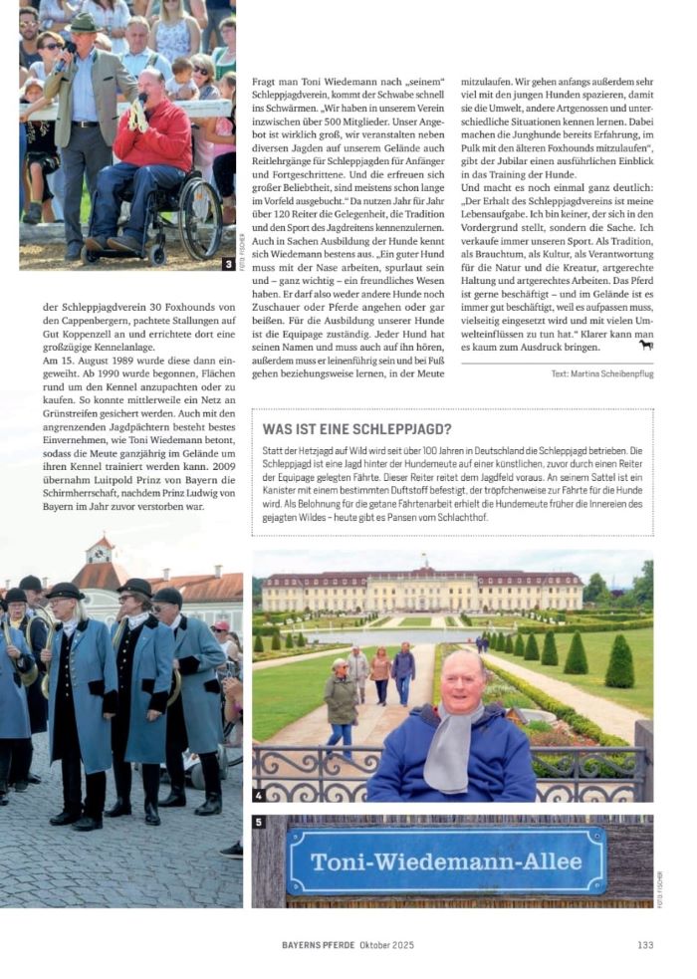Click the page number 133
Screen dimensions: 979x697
(644, 944)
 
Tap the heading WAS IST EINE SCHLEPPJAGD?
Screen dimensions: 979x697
(357, 429)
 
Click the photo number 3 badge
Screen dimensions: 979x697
(229, 264)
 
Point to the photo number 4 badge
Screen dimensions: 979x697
(260, 795)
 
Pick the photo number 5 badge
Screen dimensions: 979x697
(260, 822)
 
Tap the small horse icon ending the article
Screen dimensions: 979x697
(645, 345)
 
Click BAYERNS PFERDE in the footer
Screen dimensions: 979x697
(315, 944)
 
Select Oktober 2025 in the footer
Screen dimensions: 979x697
(386, 944)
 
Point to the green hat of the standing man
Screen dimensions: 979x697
(85, 21)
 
